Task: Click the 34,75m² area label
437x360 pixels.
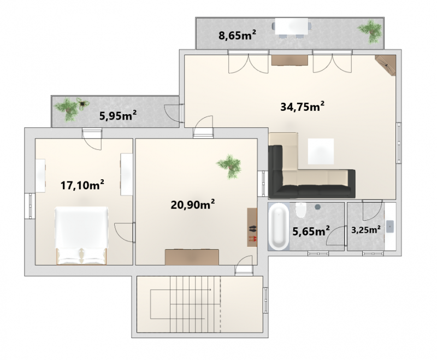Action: (303, 107)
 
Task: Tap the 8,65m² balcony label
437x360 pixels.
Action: (237, 36)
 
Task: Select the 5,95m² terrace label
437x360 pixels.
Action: (118, 115)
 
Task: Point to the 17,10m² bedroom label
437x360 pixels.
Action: (82, 185)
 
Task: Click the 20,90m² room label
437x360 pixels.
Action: (193, 204)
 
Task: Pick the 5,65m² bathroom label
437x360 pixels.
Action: (311, 231)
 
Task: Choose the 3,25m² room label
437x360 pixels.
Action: (366, 230)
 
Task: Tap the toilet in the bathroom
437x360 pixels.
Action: (301, 210)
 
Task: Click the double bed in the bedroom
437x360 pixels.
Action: (81, 236)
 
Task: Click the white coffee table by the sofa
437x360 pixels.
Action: (321, 151)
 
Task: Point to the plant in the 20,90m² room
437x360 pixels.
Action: (229, 167)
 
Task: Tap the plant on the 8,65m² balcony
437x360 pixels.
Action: (370, 31)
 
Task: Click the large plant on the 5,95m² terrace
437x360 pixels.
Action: (67, 109)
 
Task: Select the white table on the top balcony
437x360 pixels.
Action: (292, 26)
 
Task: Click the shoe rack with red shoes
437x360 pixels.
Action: (252, 227)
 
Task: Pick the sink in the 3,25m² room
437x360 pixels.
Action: (390, 227)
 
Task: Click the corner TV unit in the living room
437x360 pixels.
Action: (386, 65)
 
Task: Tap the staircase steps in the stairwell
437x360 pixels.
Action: (195, 304)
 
